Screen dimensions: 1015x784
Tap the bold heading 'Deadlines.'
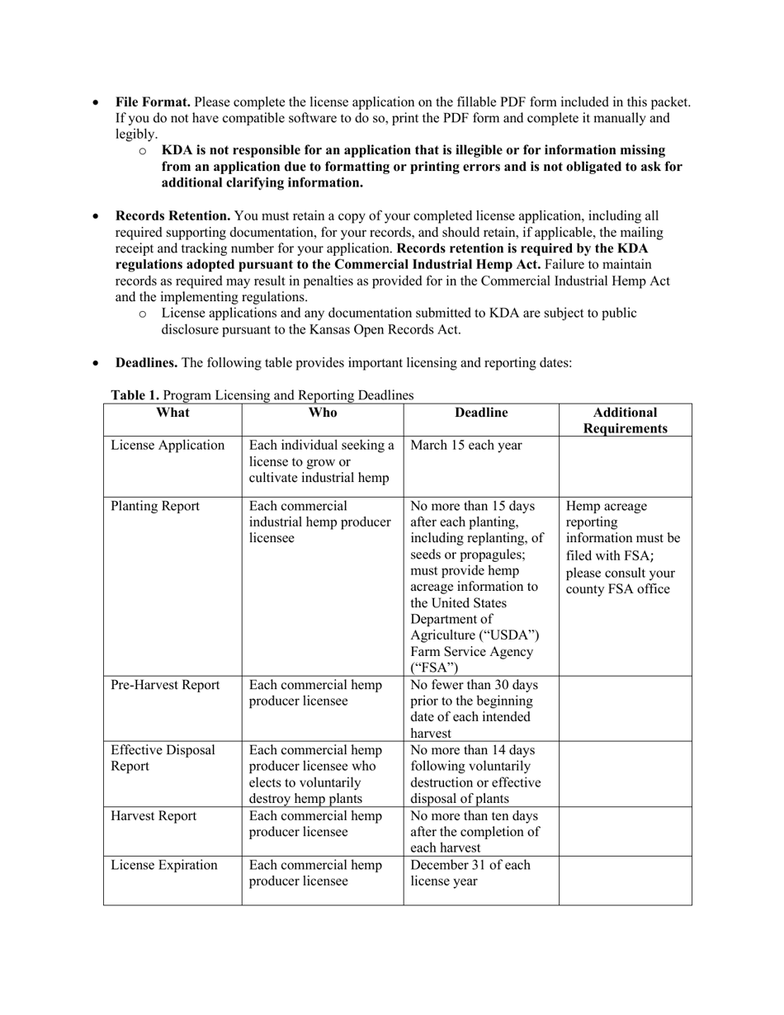tap(146, 362)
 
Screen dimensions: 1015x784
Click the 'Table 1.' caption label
tap(135, 395)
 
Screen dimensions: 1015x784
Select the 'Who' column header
tap(322, 413)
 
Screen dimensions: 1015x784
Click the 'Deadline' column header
tap(481, 413)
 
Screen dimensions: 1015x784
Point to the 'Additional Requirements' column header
tap(625, 420)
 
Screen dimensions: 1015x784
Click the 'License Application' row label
tap(168, 446)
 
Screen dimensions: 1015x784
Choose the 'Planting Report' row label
tap(155, 507)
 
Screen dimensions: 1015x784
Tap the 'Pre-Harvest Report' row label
tap(165, 685)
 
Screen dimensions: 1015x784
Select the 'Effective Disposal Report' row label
tap(163, 758)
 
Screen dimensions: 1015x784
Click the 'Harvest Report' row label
tap(153, 816)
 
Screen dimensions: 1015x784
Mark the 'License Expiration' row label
tap(164, 865)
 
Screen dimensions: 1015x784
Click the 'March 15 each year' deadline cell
tap(465, 446)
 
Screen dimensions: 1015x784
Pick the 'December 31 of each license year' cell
tap(470, 873)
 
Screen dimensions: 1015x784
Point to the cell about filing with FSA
tap(623, 547)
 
